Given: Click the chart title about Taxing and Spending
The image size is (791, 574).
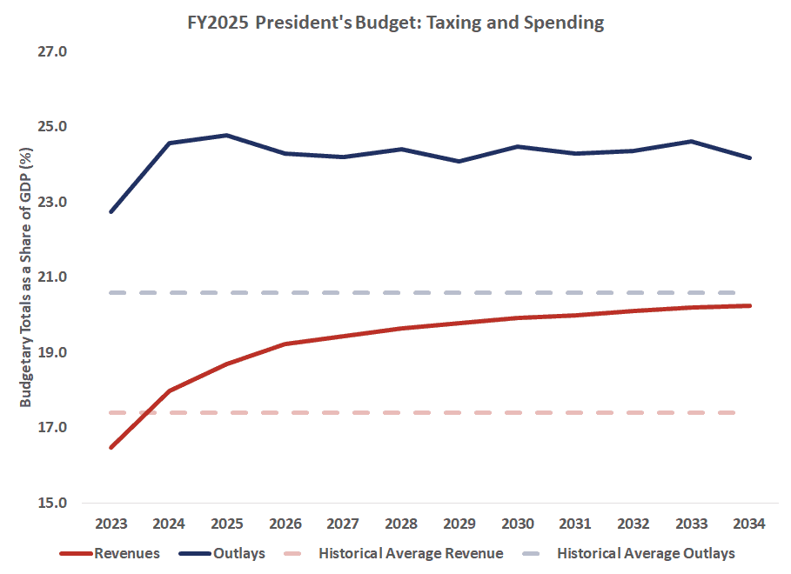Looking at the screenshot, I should [x=395, y=23].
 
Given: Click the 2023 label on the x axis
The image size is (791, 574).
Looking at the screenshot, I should [x=111, y=524].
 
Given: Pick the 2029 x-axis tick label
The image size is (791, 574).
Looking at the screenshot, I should [x=459, y=524].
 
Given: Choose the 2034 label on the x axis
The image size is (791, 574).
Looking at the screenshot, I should [x=749, y=524].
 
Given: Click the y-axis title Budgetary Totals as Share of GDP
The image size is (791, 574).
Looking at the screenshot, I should [x=25, y=277].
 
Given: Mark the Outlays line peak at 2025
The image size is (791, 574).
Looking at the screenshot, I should [x=226, y=135].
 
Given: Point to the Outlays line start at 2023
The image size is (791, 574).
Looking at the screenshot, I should [x=111, y=211].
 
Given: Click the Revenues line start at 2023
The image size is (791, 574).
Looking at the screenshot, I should [x=111, y=447].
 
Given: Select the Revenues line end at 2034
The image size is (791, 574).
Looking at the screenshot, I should [x=749, y=305].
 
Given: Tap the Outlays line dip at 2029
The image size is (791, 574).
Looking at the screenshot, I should [x=459, y=161].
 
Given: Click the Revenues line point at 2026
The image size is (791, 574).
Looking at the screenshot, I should [x=285, y=344].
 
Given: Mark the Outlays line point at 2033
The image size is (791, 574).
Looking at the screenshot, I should [x=691, y=141].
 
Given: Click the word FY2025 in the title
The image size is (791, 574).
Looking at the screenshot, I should [x=219, y=23].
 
